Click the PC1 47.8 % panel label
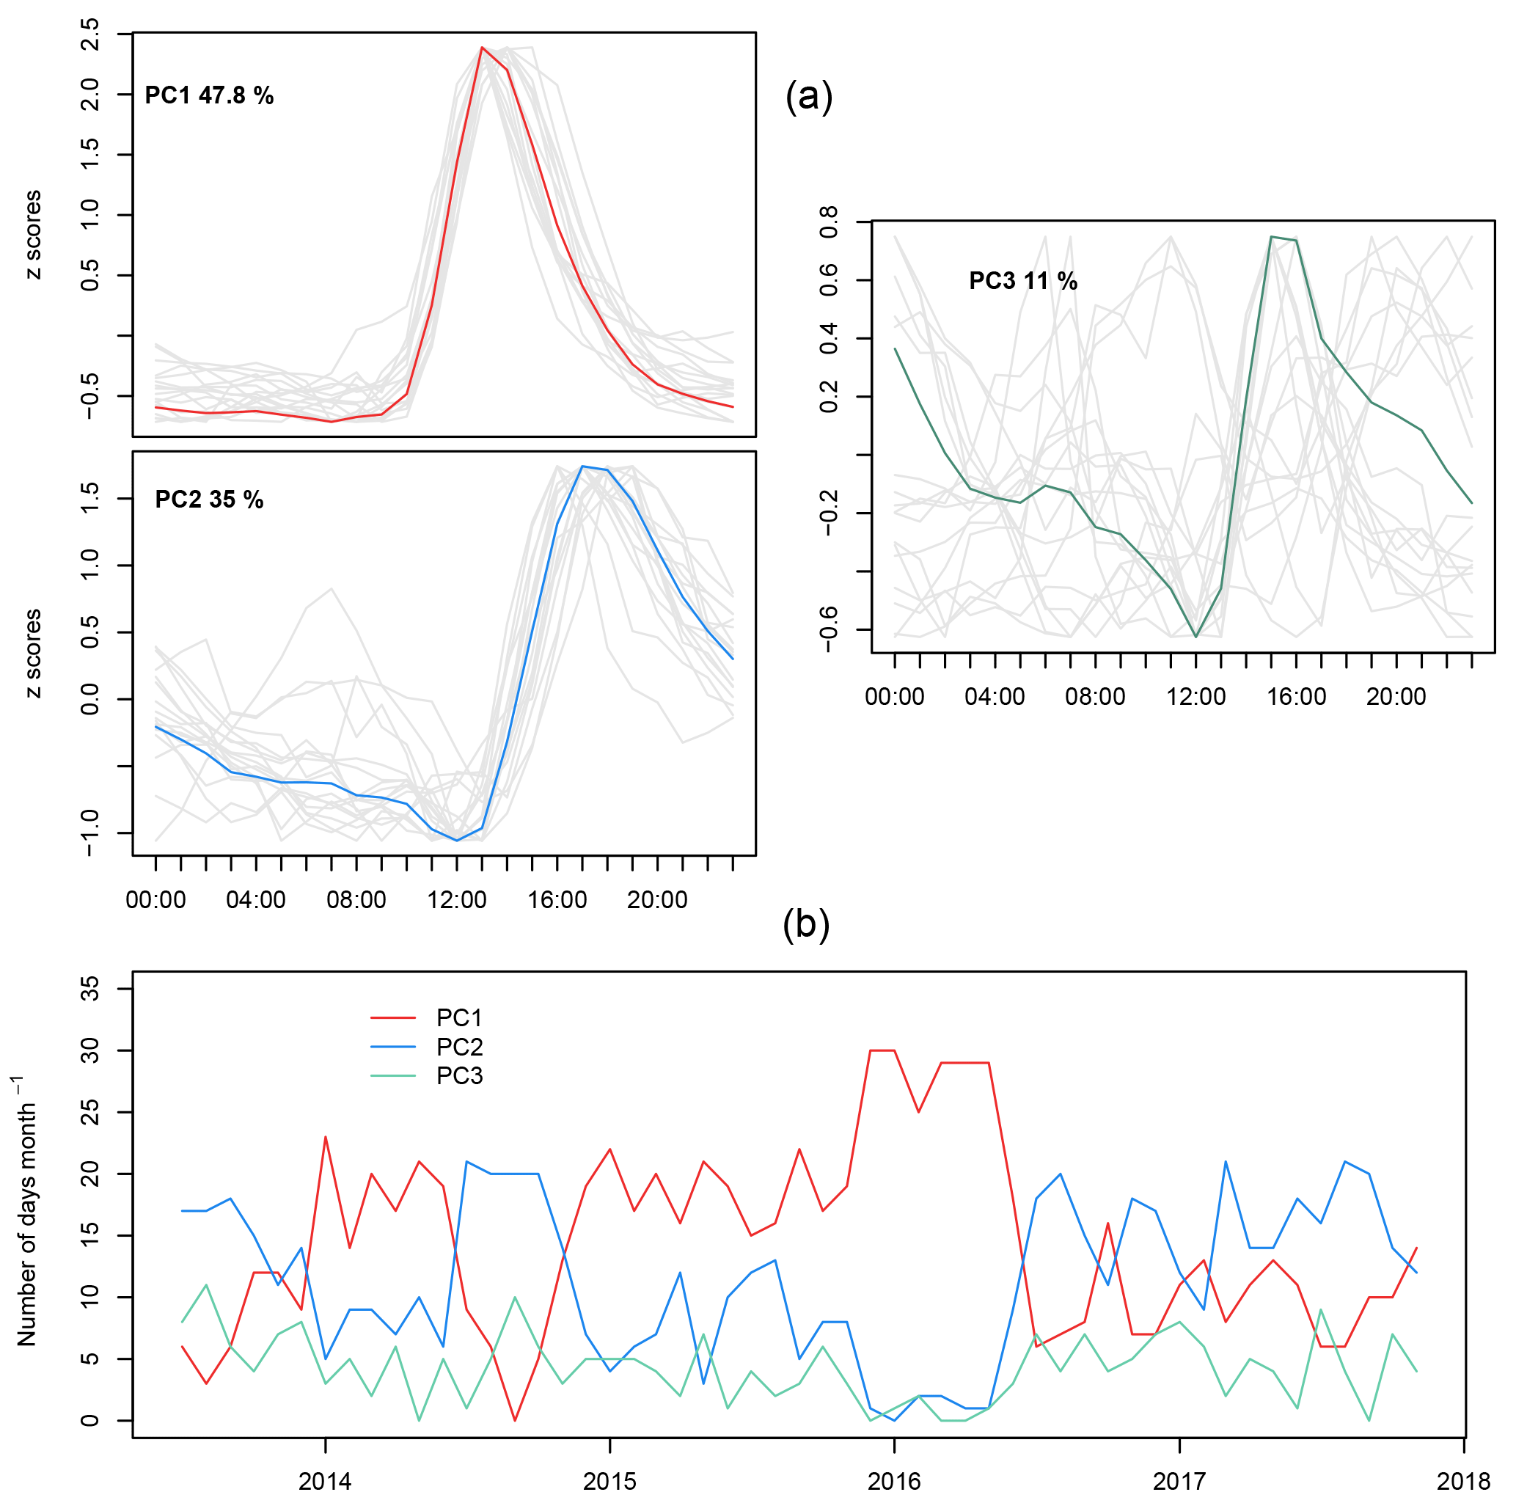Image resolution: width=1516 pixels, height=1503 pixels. coord(209,96)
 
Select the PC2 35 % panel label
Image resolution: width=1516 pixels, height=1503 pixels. coord(209,500)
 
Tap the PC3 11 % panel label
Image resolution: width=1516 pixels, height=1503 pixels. coord(1022,281)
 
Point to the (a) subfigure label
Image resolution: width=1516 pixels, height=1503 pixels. coord(808,97)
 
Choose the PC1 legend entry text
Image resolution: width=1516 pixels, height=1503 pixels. coord(459,1018)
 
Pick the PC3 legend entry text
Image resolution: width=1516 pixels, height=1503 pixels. coord(459,1076)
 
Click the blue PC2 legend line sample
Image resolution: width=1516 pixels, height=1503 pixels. coord(392,1047)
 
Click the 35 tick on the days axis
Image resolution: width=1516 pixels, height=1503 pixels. coord(91,988)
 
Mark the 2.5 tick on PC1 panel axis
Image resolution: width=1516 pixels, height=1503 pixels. coord(91,34)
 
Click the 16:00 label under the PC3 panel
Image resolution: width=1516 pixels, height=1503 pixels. coord(1295,697)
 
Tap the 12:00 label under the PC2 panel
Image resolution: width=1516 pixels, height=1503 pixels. coord(456,899)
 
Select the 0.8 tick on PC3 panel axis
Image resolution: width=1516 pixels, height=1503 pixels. coord(830,222)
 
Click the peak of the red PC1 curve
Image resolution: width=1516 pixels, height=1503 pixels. coord(482,48)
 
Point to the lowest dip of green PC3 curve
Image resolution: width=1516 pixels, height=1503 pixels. coord(1195,636)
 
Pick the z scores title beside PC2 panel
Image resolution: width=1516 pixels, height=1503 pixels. coord(32,653)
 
